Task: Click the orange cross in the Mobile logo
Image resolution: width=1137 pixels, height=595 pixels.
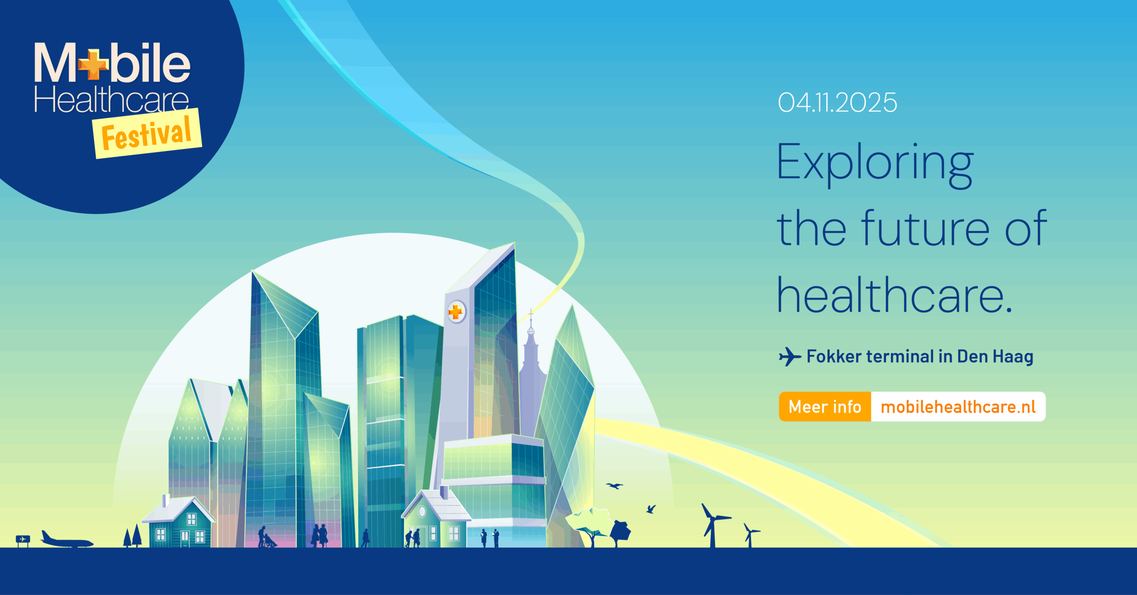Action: [93, 65]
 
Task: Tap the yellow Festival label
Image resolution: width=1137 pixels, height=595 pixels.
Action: [147, 134]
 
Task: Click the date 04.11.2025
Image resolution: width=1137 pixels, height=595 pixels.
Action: [837, 103]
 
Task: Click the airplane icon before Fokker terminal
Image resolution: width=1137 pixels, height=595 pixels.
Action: [789, 357]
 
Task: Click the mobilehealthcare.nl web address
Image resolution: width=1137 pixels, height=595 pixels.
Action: [958, 407]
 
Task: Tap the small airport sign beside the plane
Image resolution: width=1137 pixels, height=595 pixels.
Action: [23, 539]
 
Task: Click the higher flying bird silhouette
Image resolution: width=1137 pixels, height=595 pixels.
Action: [615, 486]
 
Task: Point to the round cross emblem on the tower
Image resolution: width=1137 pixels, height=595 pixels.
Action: [456, 312]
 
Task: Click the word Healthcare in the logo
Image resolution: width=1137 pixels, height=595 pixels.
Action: [111, 100]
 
